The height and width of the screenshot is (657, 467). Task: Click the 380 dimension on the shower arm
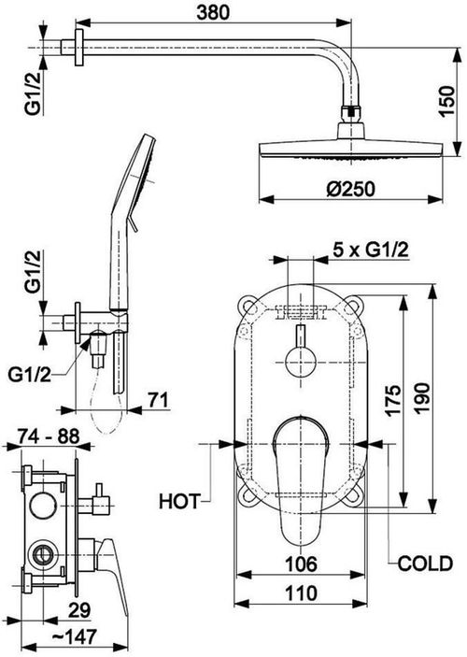click(x=213, y=12)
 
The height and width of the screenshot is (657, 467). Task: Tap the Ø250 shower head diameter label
click(x=350, y=190)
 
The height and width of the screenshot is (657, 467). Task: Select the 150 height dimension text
click(x=446, y=101)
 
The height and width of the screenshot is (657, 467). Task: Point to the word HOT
click(x=179, y=501)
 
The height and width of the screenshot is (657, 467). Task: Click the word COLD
click(x=425, y=564)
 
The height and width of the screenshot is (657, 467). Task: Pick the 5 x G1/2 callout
click(x=370, y=250)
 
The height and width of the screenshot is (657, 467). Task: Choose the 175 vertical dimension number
click(x=393, y=401)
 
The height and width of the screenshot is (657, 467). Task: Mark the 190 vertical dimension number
click(x=422, y=398)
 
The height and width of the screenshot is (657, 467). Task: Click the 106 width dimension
click(x=301, y=564)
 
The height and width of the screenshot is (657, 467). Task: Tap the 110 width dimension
click(x=301, y=593)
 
